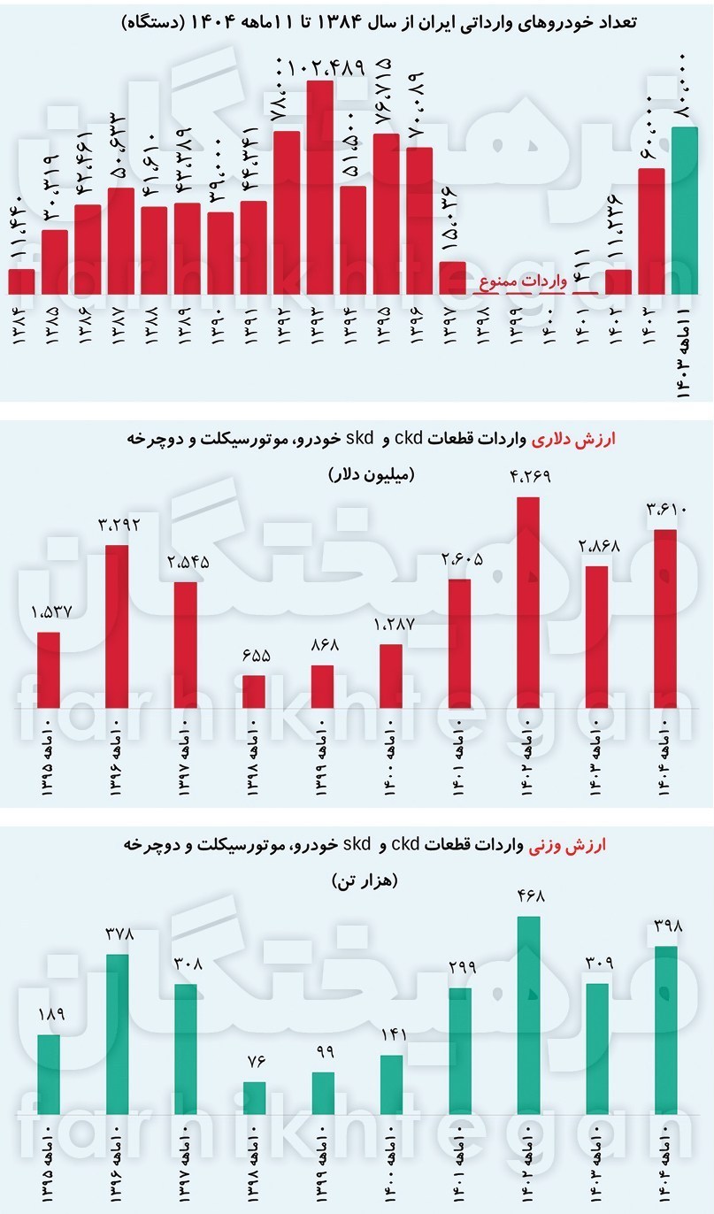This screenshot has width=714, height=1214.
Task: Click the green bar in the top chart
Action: coord(684,211)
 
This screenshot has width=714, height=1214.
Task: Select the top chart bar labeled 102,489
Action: coord(319,187)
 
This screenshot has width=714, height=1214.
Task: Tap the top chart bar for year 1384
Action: coord(21,281)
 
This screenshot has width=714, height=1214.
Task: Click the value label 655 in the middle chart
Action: coord(254,657)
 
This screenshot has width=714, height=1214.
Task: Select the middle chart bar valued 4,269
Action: coord(527,603)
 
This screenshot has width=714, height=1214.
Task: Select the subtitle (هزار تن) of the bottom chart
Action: coord(365,881)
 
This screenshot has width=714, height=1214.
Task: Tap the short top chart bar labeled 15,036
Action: coord(452,278)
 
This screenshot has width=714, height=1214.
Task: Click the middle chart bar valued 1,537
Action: coord(48,671)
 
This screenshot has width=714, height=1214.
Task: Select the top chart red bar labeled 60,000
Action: coord(650,231)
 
